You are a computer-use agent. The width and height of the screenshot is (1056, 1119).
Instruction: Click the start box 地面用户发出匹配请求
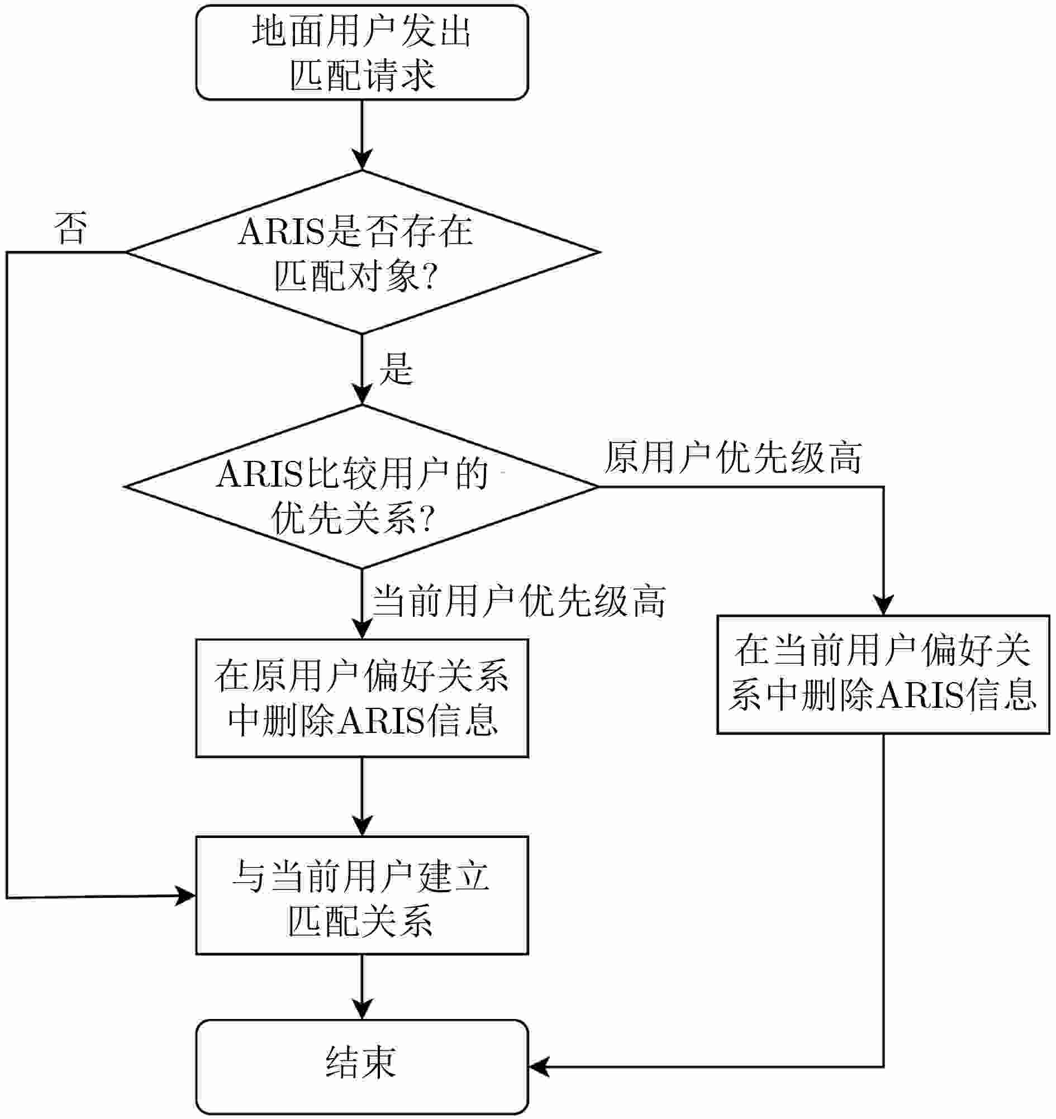coord(362,53)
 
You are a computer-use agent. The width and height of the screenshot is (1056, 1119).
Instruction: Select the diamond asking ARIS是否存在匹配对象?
coord(362,252)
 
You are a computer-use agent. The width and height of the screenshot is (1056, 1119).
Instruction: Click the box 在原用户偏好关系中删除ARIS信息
coord(362,698)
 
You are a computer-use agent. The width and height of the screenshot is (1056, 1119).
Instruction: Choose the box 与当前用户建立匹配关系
coord(362,896)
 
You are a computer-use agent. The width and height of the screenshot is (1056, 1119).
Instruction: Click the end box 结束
coord(362,1066)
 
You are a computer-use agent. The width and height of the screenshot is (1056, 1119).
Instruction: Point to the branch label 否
coord(70,228)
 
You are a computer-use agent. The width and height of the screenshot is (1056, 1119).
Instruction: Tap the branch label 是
coord(396,369)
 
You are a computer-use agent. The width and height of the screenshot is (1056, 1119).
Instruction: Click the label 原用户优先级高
coord(733,457)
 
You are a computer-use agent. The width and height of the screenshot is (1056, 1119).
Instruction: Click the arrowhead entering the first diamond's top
coord(362,160)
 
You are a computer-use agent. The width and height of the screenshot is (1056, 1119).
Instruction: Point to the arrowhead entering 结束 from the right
coord(539,1066)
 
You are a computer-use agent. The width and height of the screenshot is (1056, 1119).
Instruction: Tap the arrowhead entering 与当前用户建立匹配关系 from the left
coord(185,896)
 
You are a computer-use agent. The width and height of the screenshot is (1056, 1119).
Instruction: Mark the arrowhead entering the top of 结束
coord(362,1010)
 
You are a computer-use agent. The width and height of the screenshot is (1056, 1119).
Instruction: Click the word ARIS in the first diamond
coord(282,231)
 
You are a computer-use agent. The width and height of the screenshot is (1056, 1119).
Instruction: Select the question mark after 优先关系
coord(426,518)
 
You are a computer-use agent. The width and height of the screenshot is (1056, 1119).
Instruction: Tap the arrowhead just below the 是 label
coord(362,394)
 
